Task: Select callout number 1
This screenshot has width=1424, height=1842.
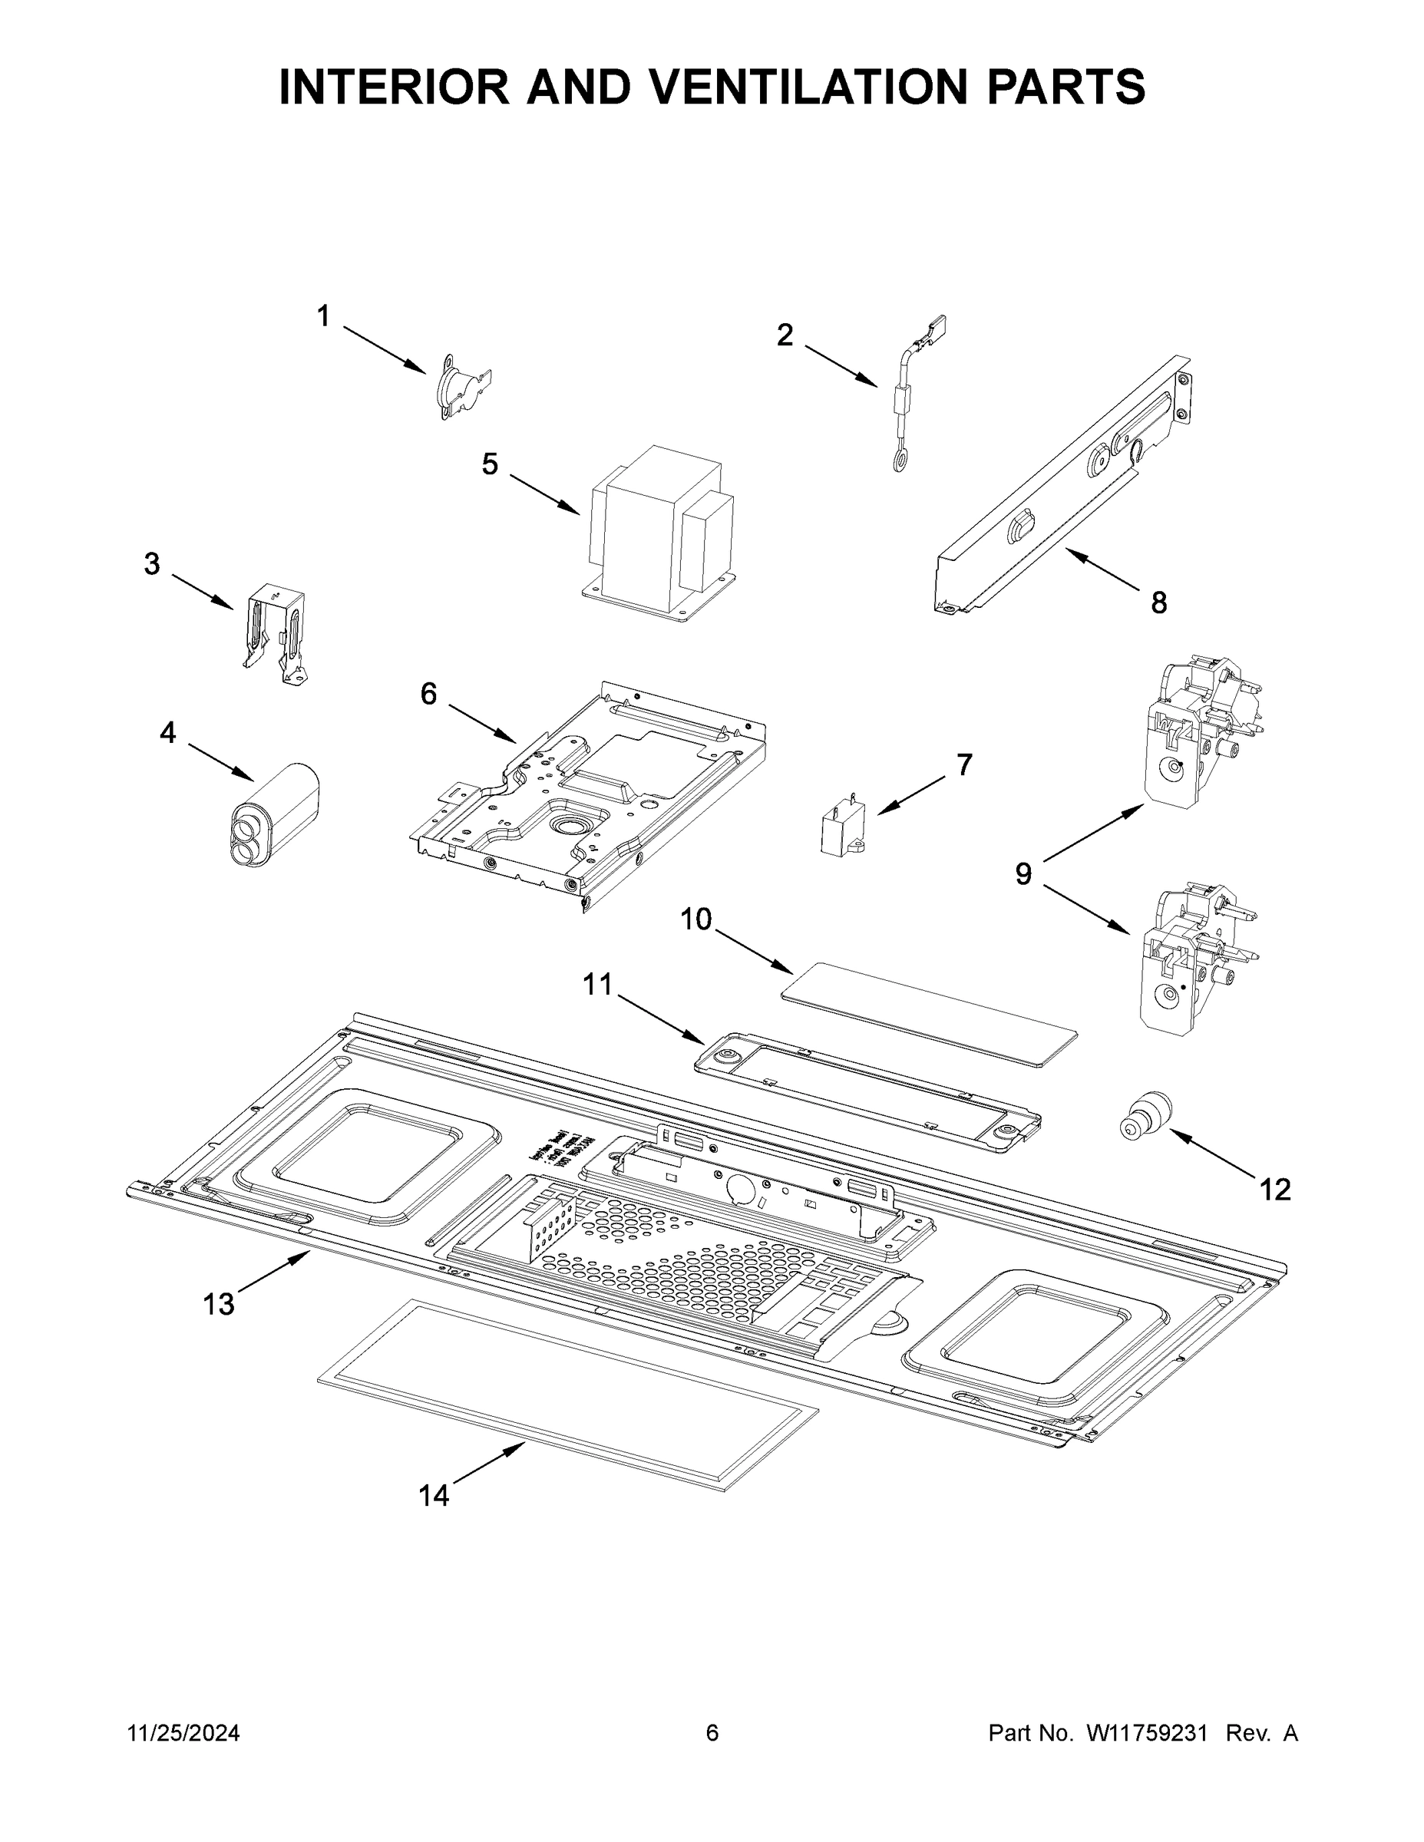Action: (323, 316)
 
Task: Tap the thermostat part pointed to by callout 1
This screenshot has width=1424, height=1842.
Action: (464, 391)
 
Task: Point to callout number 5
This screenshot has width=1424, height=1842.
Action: (490, 464)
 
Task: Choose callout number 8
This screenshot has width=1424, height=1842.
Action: (1158, 602)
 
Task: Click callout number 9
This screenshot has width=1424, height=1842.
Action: (1023, 873)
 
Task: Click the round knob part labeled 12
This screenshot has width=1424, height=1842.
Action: (1148, 1116)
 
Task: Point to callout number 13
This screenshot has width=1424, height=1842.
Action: (219, 1304)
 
